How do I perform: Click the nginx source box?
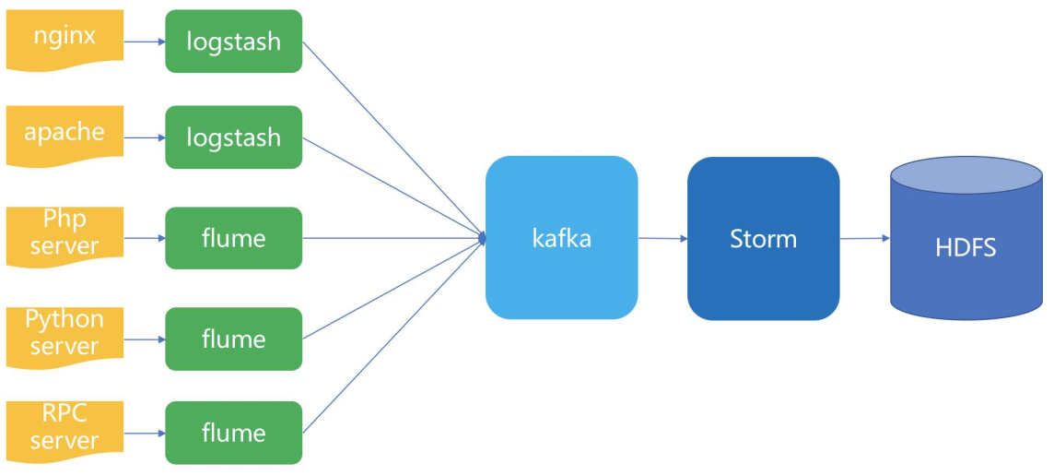click(x=64, y=39)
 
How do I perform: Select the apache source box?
click(x=64, y=135)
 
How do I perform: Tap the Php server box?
click(x=64, y=235)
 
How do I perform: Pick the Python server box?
click(x=64, y=337)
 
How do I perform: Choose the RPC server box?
click(x=64, y=431)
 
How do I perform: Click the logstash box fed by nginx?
click(x=234, y=42)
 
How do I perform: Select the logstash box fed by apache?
click(x=234, y=137)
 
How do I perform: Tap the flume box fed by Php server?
click(x=234, y=238)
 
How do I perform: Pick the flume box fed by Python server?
click(x=234, y=339)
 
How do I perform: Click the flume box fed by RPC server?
click(x=234, y=433)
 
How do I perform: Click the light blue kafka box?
click(x=561, y=238)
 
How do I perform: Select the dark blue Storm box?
click(x=763, y=238)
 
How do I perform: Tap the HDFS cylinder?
click(x=966, y=238)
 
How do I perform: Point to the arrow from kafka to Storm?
click(x=662, y=238)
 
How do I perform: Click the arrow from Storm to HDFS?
click(x=865, y=238)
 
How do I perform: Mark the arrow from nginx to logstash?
click(x=145, y=42)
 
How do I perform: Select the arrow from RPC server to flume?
click(x=145, y=434)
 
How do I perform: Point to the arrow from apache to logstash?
click(x=145, y=138)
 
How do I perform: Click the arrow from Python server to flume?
click(x=145, y=339)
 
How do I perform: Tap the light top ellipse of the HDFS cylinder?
click(x=966, y=175)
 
